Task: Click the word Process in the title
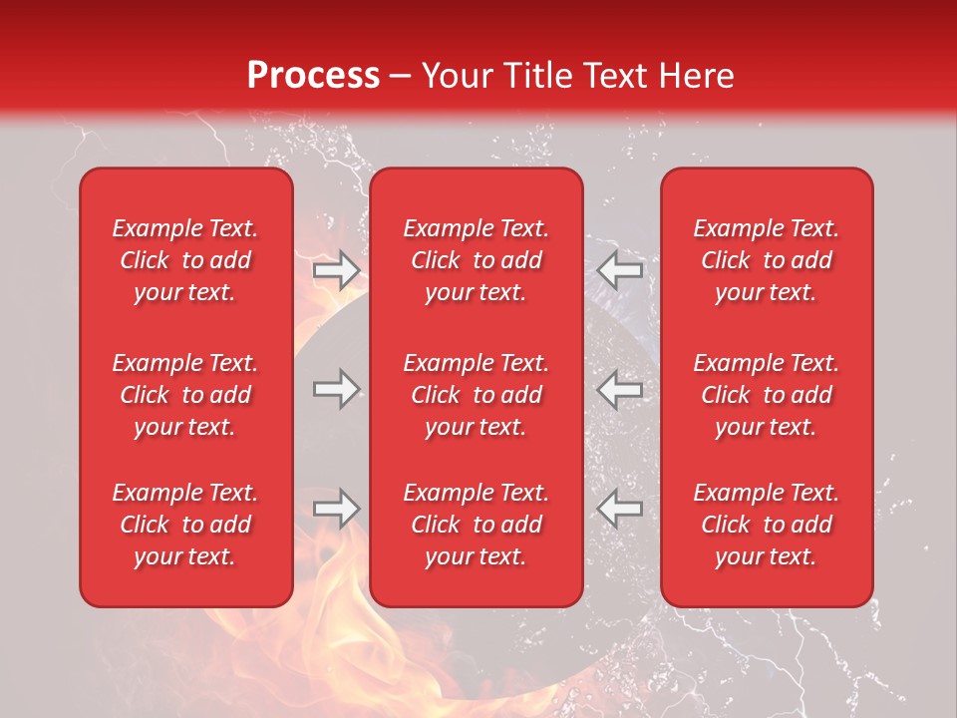(x=313, y=76)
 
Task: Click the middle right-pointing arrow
(x=337, y=389)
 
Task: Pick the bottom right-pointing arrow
(x=337, y=509)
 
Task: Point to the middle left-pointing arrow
(x=620, y=389)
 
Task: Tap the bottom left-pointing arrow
(x=620, y=509)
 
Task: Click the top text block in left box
(x=185, y=260)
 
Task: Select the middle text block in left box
(x=185, y=395)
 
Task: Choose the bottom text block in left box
(x=185, y=525)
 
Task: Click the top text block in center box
(x=476, y=260)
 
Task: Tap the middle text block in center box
(x=476, y=395)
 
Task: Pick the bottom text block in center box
(x=476, y=525)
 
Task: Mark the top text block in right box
(x=766, y=260)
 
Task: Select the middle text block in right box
(x=766, y=395)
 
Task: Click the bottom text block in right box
(x=766, y=525)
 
